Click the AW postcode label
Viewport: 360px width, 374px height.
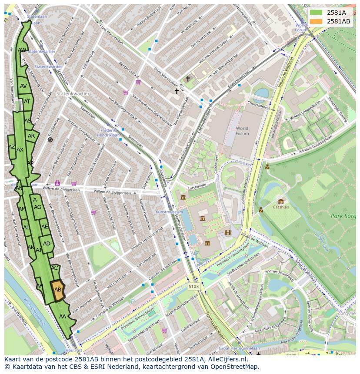coord(22,50)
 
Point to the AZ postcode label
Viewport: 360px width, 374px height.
coord(12,147)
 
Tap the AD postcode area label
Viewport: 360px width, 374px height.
coord(47,244)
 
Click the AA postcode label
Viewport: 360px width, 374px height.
coord(63,317)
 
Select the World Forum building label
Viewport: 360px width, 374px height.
coord(242,131)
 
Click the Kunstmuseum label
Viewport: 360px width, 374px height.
coord(169,212)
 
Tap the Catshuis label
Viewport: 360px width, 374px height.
coord(281,207)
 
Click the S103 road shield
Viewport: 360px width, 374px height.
coord(194,287)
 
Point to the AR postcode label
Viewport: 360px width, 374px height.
coord(31,136)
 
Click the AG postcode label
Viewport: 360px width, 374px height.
coord(38,207)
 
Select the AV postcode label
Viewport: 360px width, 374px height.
coord(23,86)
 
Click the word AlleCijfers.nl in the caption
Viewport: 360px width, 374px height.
coord(227,359)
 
